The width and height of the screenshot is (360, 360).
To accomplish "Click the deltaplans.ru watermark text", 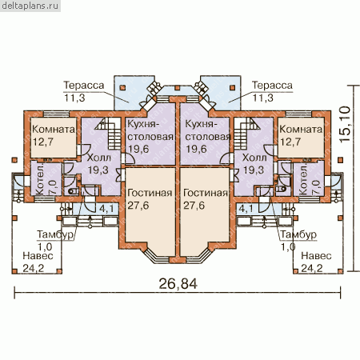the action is tap(30, 6).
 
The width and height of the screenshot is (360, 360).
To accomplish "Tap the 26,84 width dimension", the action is tap(178, 284).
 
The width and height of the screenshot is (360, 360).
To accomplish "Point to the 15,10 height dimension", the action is tap(345, 124).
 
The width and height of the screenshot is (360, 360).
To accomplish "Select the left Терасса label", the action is tap(84, 86).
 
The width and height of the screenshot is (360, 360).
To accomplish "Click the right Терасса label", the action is tap(272, 86).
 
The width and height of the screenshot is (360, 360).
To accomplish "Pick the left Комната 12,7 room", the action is tap(54, 138).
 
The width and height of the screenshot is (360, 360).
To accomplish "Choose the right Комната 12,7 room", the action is tap(301, 138).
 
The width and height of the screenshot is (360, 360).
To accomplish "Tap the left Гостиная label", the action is tap(150, 193).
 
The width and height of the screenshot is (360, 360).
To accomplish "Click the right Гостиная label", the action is tap(206, 193).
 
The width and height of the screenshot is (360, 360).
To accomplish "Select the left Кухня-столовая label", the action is tap(150, 130).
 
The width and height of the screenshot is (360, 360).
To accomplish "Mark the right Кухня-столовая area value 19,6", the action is tap(196, 149).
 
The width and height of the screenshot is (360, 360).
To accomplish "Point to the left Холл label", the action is tap(99, 158).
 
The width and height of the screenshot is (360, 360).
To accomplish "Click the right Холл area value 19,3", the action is tap(254, 170).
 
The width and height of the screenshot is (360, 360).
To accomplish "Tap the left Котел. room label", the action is tap(39, 179).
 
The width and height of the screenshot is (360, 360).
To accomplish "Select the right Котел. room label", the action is tap(303, 179).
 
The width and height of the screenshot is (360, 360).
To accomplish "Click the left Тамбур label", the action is tap(55, 234).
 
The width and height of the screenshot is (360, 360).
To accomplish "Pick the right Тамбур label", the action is tap(298, 234).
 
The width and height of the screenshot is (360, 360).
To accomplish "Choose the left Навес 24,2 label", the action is tap(38, 262).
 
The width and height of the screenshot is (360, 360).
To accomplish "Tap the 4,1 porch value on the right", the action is tap(246, 208).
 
